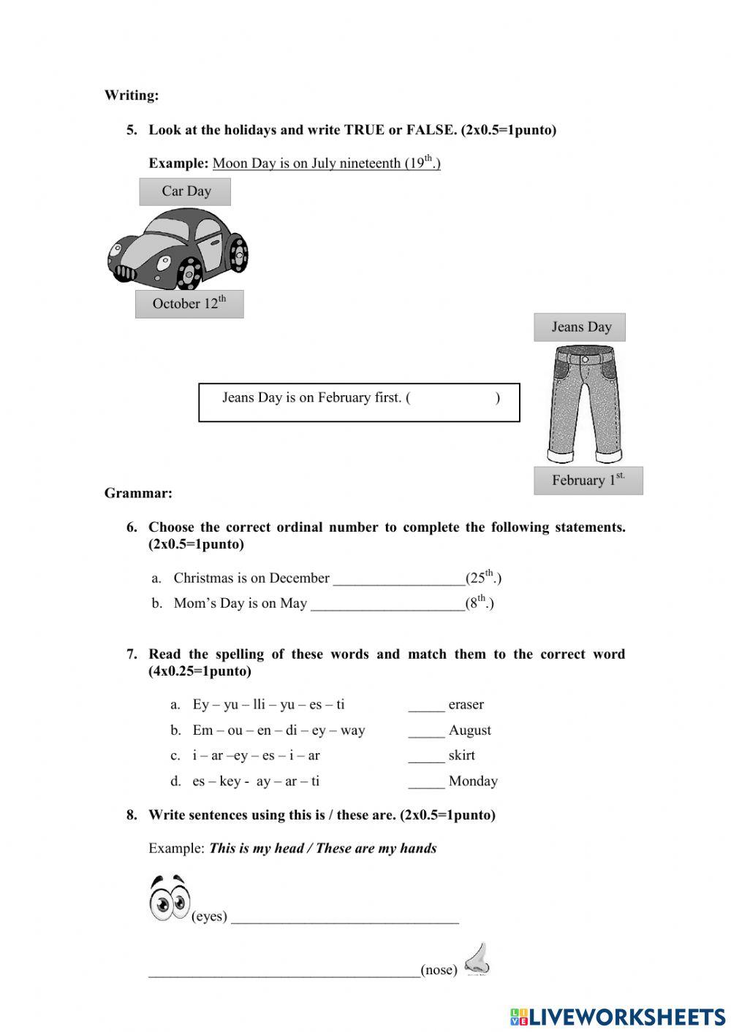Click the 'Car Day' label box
coord(185,191)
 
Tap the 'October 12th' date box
coord(189,304)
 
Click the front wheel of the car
coord(189,275)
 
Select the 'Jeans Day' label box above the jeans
coord(580,327)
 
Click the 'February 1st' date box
coord(588,481)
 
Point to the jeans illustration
coord(583,403)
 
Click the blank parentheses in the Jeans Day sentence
coord(453,398)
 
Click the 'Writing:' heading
coord(132,95)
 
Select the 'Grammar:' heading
coord(138,493)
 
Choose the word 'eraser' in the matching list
coord(466,705)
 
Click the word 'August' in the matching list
coord(469,730)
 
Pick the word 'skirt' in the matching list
coord(461,755)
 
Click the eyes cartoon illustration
coord(169,898)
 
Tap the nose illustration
coord(477,959)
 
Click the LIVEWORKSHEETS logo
coord(618,1017)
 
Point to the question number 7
coord(132,654)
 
